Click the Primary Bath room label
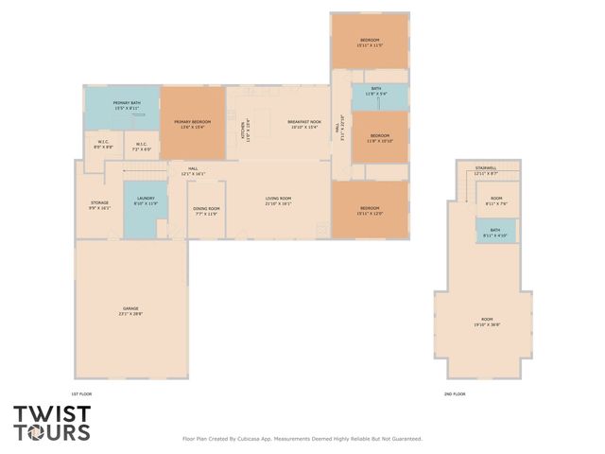pos(127,105)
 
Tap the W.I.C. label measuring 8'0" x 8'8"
pos(104,147)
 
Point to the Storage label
pos(99,204)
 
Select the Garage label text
pos(130,310)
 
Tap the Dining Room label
pos(206,211)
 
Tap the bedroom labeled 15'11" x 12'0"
pos(369,210)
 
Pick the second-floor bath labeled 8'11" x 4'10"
pos(495,232)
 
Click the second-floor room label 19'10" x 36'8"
pos(486,322)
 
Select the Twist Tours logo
pos(52,423)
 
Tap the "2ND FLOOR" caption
pos(455,393)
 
